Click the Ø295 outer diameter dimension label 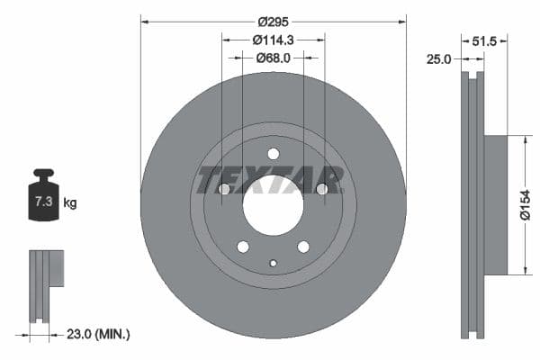point(273,21)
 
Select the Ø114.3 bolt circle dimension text point(274,40)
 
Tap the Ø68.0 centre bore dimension point(274,58)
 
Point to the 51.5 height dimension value point(485,40)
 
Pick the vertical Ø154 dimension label point(525,204)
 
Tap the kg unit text point(70,203)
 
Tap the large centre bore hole point(274,202)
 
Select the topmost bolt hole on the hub point(274,154)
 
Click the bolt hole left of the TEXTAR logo point(225,189)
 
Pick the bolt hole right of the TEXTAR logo point(321,189)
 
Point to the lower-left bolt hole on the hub point(243,247)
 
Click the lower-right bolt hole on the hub point(303,247)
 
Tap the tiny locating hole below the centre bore point(274,263)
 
